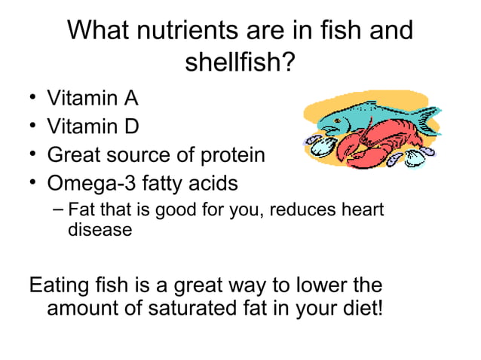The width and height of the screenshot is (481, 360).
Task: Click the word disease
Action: [100, 229]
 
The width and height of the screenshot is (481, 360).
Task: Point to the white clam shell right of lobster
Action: [416, 159]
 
